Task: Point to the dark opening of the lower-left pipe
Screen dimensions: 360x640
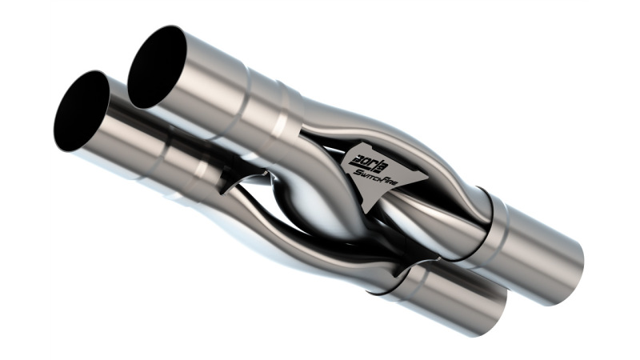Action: point(80,112)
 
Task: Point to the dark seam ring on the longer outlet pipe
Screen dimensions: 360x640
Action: point(488,216)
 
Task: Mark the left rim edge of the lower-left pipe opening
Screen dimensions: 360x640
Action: point(56,120)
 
